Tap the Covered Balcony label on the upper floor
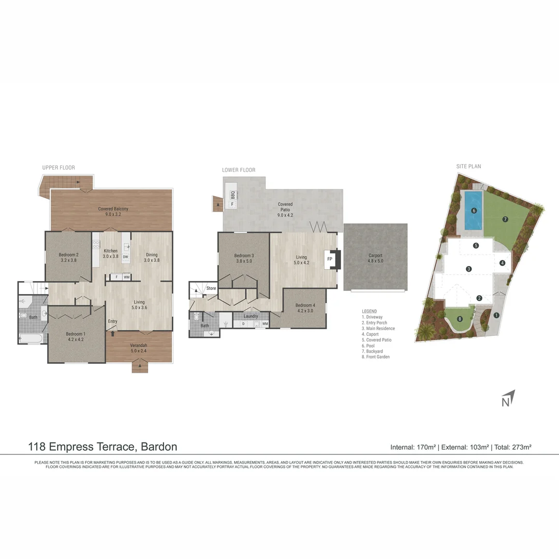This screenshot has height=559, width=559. coord(113,211)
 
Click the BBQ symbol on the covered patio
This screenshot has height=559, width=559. coord(232,195)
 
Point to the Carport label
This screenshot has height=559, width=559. coord(375,258)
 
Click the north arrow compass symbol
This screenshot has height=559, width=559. coord(507,399)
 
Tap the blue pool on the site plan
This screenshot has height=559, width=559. coord(473,211)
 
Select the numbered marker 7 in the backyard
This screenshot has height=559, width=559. coord(505,219)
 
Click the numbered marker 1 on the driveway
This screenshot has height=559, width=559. coord(496,315)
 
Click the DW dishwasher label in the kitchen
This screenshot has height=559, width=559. coord(125,257)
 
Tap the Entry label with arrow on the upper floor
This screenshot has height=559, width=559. coord(112,321)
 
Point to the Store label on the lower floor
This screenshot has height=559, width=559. coord(211,288)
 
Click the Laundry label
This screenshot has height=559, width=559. coord(251,316)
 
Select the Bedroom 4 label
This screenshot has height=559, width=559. coord(304,308)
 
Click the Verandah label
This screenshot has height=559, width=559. coord(139,348)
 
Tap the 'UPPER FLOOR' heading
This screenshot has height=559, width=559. coord(58,168)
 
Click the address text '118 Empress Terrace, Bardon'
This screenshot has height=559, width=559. coord(102,446)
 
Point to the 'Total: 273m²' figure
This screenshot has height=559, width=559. coord(513,447)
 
